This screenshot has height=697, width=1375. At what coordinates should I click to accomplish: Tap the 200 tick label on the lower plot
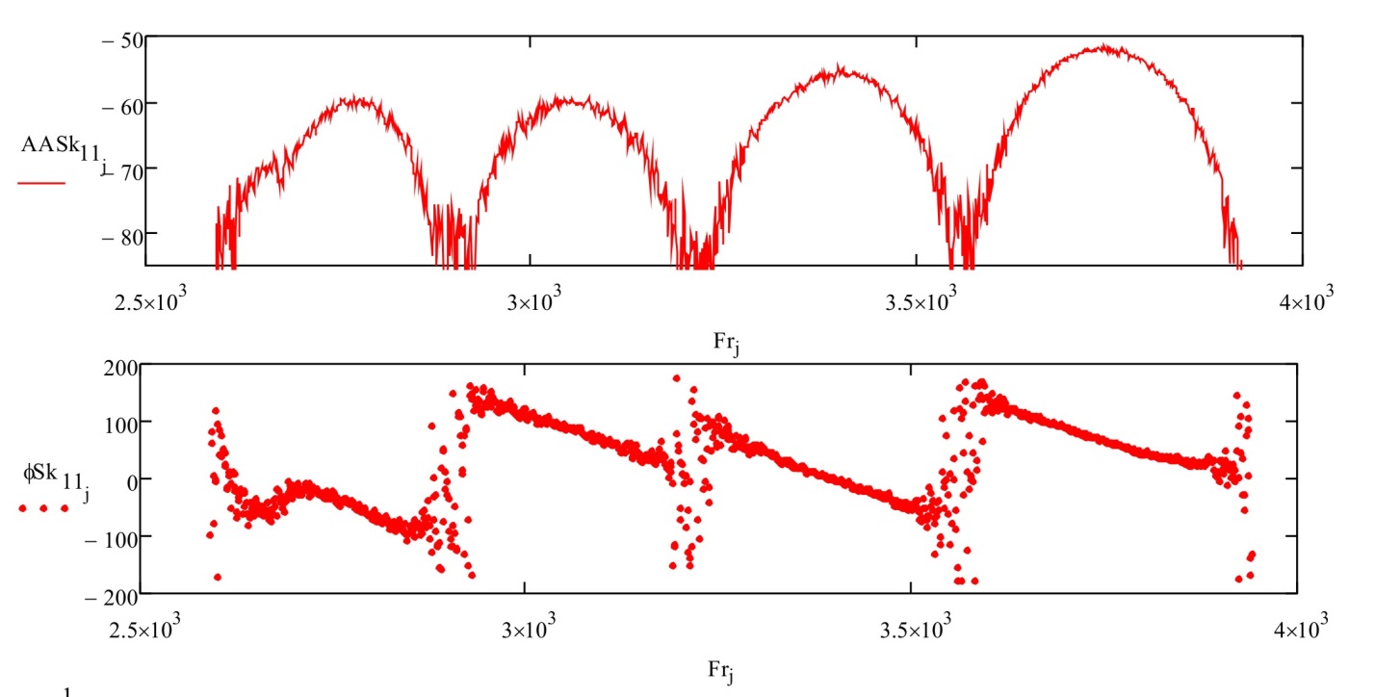pyautogui.click(x=122, y=367)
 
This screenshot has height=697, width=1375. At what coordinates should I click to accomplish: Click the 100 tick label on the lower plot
pyautogui.click(x=122, y=422)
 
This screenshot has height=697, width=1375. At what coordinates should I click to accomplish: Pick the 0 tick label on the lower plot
pyautogui.click(x=133, y=478)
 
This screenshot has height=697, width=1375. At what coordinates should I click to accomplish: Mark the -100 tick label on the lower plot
pyautogui.click(x=113, y=535)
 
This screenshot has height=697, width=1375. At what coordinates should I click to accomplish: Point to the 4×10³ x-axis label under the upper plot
pyautogui.click(x=1303, y=304)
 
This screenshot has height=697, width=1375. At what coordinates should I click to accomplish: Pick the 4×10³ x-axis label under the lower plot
pyautogui.click(x=1303, y=632)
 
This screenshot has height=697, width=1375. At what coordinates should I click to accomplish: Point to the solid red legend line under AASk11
pyautogui.click(x=41, y=181)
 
